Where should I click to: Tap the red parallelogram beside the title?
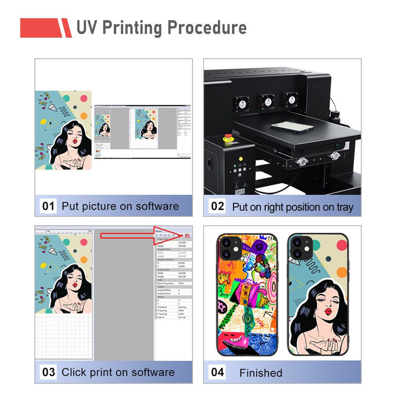[65, 28]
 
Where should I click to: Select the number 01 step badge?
[48, 206]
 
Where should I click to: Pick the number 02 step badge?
[217, 206]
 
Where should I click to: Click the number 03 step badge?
[48, 372]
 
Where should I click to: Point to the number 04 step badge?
[217, 372]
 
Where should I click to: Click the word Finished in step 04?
[260, 373]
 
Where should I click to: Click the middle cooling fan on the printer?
[266, 101]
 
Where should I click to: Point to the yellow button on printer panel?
[240, 159]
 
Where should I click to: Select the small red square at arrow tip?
[188, 235]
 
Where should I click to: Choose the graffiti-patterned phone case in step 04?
[247, 295]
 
